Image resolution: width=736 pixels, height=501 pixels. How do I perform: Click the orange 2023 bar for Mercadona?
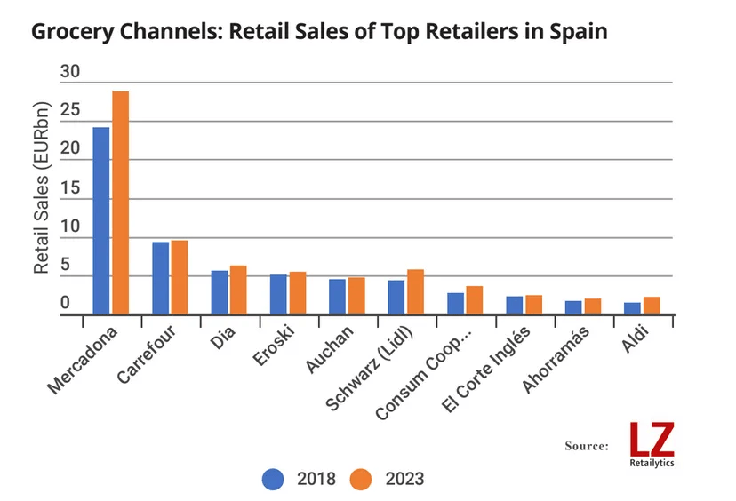[121, 203]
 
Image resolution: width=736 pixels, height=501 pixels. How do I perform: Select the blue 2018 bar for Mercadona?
[101, 220]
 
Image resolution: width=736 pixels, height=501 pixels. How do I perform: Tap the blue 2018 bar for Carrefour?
[161, 278]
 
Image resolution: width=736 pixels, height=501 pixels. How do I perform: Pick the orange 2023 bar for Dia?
[238, 290]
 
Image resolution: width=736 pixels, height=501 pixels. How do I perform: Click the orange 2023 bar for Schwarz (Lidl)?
[415, 291]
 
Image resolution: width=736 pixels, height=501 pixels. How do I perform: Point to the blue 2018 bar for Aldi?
[632, 308]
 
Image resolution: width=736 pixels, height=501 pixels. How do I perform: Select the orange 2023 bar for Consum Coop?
[475, 300]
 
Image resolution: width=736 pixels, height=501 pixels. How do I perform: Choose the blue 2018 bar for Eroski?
[278, 295]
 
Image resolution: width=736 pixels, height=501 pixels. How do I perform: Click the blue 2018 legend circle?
[273, 479]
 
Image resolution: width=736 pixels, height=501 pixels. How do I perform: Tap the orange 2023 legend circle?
[361, 479]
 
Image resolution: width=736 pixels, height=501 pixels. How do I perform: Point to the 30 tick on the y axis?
[70, 71]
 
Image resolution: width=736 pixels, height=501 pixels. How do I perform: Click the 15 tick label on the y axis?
[70, 187]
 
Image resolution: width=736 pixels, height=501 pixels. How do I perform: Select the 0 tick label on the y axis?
[65, 303]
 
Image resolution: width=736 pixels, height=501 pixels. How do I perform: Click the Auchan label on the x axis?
[330, 348]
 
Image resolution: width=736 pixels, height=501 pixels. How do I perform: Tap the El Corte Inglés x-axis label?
[486, 369]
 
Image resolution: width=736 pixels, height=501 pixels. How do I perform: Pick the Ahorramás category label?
[556, 359]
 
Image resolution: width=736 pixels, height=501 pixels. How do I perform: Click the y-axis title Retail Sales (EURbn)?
[41, 187]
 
